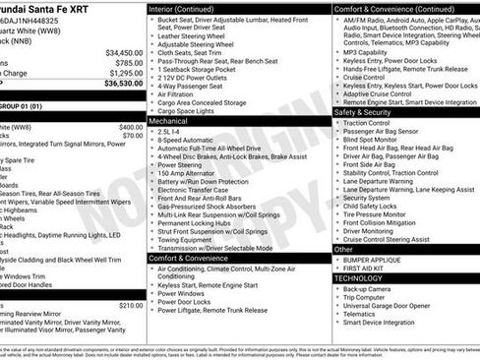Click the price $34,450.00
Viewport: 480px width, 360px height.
(x=124, y=52)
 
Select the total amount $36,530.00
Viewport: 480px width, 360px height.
(x=124, y=84)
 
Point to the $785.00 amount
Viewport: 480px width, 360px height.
(x=128, y=62)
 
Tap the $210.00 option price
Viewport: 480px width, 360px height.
(x=131, y=306)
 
